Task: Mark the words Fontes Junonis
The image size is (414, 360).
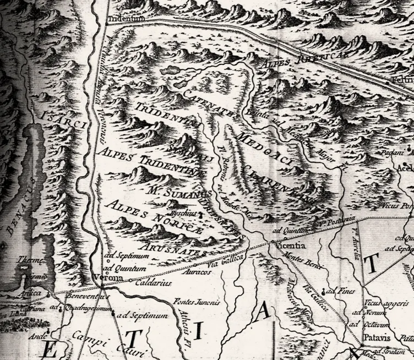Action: (197, 302)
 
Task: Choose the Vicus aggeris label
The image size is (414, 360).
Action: (383, 303)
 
